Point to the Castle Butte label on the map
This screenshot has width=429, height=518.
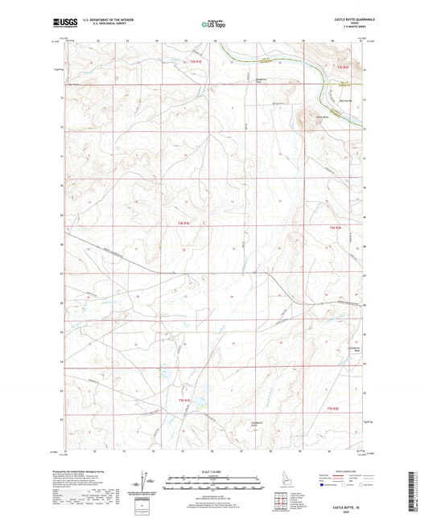point(322,117)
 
